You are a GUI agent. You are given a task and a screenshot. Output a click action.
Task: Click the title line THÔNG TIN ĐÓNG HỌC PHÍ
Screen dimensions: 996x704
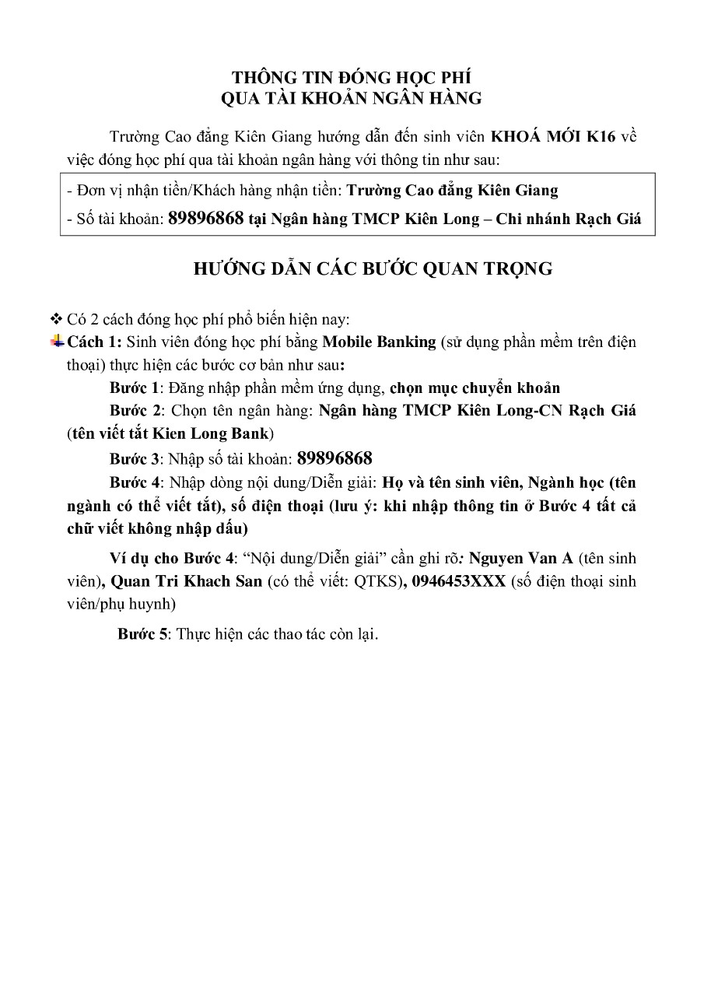coord(352,77)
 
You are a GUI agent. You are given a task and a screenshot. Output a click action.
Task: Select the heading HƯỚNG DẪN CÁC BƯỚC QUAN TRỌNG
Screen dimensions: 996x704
coord(373,269)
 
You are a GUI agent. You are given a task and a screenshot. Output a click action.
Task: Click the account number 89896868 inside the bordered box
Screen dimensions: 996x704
coord(206,219)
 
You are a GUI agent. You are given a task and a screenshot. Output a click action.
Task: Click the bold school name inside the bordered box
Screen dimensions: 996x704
coord(452,190)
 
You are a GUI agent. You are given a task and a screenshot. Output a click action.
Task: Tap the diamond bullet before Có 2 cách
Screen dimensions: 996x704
coord(55,319)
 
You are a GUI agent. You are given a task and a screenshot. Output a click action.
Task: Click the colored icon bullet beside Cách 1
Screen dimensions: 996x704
coord(58,340)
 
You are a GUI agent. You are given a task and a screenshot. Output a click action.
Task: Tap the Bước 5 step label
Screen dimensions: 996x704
coord(143,634)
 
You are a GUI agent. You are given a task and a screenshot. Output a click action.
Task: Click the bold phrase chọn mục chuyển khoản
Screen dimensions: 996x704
coord(475,388)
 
